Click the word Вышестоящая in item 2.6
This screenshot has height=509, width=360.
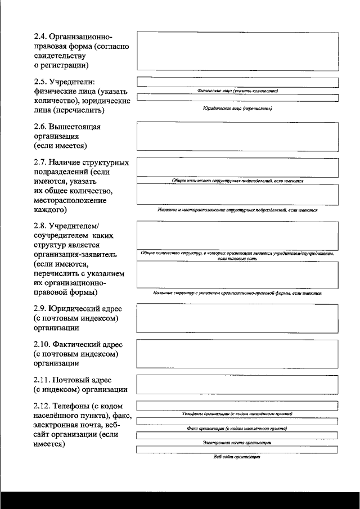(75, 127)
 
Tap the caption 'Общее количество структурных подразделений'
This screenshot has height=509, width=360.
(237, 181)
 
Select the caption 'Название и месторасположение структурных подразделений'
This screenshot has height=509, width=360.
(237, 210)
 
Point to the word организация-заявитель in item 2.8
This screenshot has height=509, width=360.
(75, 254)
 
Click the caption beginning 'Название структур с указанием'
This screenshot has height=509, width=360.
(237, 294)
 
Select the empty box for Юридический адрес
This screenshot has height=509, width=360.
(237, 318)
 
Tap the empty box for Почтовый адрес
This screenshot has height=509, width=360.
(237, 384)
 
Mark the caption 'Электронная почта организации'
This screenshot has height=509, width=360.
(237, 443)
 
